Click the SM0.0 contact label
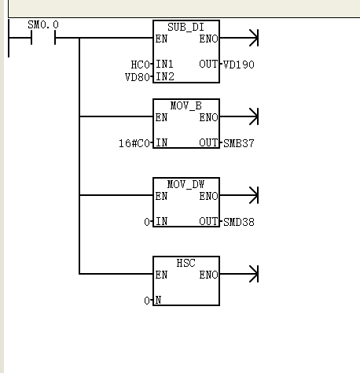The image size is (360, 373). click(43, 25)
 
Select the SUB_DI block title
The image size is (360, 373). click(186, 28)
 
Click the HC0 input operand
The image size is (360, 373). click(140, 65)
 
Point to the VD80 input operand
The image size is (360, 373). click(138, 77)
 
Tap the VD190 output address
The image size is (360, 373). click(239, 65)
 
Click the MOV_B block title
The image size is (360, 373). click(186, 105)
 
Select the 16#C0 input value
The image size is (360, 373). click(134, 143)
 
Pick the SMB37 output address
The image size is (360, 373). click(239, 143)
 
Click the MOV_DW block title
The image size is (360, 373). click(186, 184)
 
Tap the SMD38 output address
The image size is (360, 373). click(239, 222)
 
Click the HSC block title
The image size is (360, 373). click(186, 263)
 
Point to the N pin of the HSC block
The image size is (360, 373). click(158, 300)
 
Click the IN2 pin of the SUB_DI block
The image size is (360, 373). click(165, 77)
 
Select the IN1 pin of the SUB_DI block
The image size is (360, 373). click(164, 65)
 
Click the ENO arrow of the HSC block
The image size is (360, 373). click(239, 274)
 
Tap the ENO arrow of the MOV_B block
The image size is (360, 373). click(239, 116)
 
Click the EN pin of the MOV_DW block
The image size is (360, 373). click(161, 196)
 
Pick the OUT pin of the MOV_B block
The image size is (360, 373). click(208, 142)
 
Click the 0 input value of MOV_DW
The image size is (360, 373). click(147, 222)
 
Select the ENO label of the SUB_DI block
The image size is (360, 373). click(208, 39)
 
